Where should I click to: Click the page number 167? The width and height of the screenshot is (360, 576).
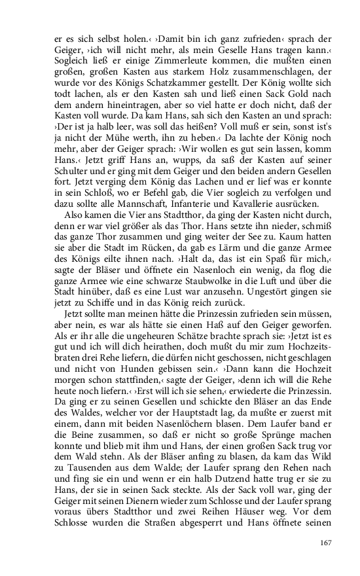(x=325, y=543)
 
